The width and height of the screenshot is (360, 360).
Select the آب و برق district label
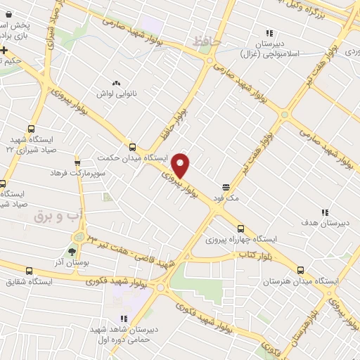click(58, 215)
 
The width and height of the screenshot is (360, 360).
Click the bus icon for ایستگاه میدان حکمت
click(132, 147)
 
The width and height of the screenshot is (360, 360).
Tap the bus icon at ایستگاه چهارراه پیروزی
click(241, 229)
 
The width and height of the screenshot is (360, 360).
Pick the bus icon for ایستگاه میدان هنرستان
click(301, 270)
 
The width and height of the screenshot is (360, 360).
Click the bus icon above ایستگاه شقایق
click(29, 271)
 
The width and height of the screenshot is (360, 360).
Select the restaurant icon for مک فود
click(226, 187)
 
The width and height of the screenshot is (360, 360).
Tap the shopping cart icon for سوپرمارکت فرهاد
click(77, 161)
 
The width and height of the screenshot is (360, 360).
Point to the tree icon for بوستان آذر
click(72, 251)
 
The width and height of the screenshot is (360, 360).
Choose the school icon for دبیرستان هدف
click(324, 212)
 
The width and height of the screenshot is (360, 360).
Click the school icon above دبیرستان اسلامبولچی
click(268, 32)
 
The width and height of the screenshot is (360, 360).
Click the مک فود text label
click(229, 199)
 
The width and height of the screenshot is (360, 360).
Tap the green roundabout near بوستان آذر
click(79, 237)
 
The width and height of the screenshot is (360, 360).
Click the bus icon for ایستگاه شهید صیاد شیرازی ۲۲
click(31, 129)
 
